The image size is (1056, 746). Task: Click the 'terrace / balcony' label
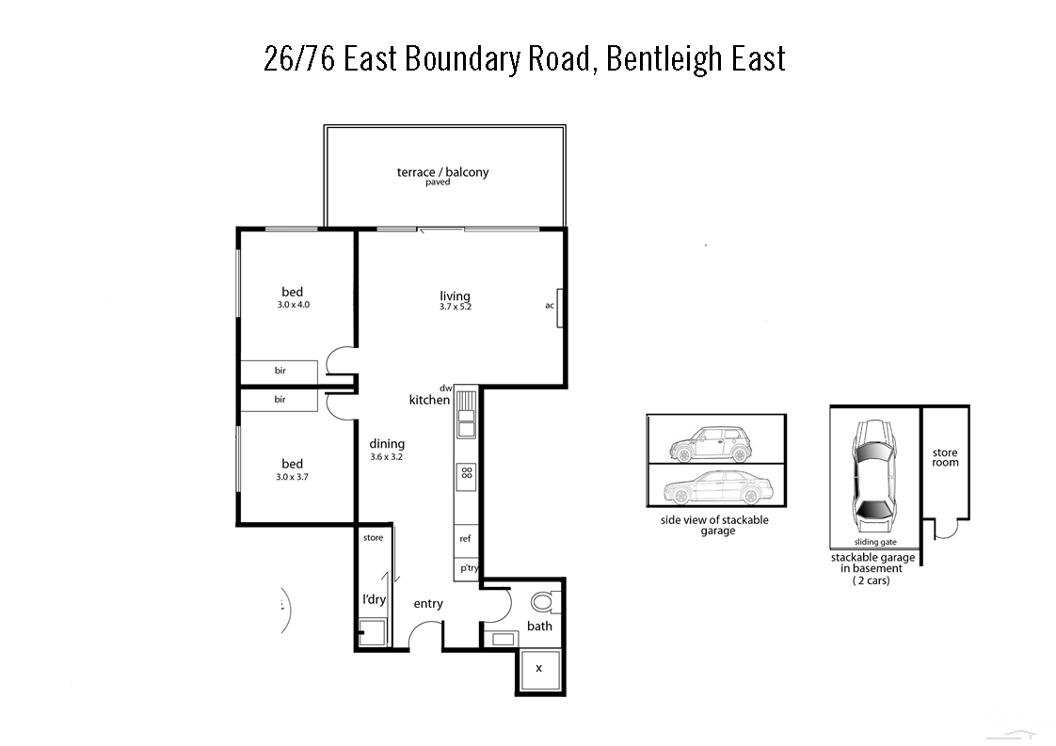442,172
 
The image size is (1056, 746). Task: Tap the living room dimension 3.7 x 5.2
455,307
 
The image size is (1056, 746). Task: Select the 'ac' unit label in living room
550,305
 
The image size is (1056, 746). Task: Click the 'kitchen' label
429,400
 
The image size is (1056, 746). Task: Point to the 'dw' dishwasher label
446,388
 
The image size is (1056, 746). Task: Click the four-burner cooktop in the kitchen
466,475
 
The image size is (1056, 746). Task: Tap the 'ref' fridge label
465,539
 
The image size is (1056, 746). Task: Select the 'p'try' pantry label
467,568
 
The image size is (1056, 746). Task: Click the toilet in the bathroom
541,601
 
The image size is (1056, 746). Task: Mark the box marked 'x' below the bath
539,668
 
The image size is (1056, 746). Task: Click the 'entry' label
428,604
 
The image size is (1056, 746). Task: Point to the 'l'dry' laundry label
375,599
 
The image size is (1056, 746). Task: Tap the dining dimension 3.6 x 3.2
387,457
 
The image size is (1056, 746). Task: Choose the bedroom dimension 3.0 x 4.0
293,304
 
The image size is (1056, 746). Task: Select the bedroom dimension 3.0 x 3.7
293,477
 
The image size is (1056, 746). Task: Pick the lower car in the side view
717,490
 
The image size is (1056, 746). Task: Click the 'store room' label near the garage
945,457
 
